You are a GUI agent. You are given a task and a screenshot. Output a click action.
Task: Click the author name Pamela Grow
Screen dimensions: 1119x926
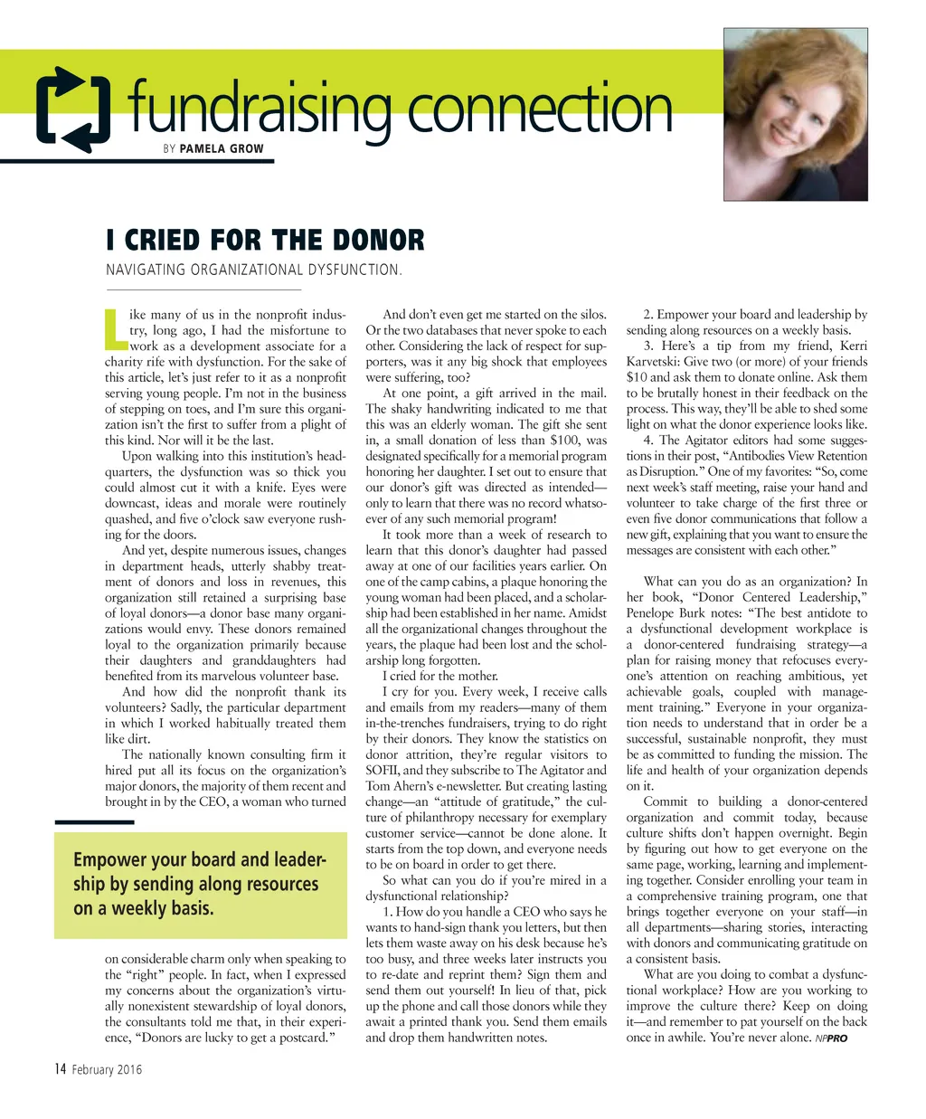[222, 148]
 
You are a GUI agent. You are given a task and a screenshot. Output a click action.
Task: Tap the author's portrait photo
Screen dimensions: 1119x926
[795, 114]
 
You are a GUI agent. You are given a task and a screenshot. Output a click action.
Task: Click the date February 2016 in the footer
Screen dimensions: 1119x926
[107, 1070]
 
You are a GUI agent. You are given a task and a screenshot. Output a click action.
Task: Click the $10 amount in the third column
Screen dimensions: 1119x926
[638, 377]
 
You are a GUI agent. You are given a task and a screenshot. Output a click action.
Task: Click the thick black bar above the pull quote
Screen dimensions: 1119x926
[94, 821]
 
